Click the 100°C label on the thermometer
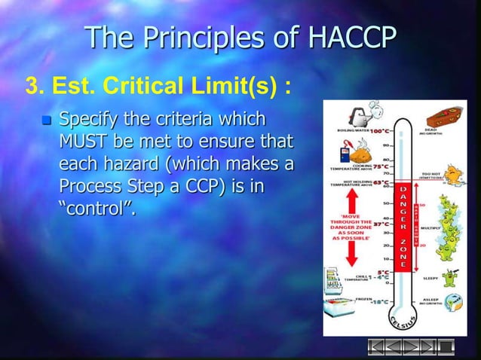[378, 131]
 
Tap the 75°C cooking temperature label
[379, 166]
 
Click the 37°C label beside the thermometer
[381, 223]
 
